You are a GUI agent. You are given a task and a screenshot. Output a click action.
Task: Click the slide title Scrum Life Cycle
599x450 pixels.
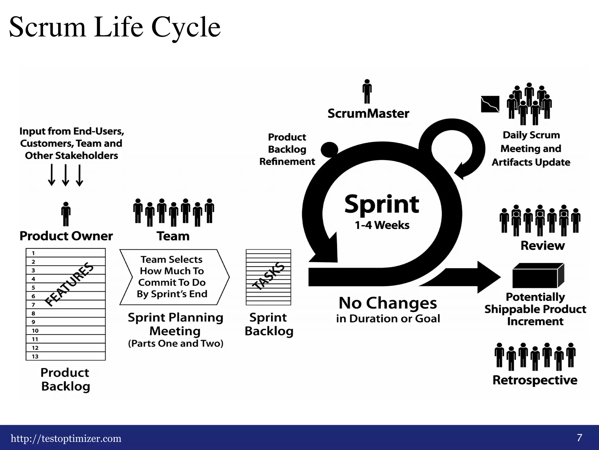point(115,27)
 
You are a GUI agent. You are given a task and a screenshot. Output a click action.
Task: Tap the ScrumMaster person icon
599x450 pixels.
point(367,91)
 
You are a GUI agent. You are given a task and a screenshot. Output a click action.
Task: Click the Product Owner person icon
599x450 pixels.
point(66,214)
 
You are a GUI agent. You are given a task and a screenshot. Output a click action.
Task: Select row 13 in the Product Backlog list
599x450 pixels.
point(66,356)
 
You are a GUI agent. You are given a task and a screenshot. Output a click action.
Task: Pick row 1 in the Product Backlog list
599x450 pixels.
point(66,253)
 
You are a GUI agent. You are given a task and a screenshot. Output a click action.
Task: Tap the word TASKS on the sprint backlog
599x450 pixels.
point(268,276)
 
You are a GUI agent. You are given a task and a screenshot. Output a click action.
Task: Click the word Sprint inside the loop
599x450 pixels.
point(382,204)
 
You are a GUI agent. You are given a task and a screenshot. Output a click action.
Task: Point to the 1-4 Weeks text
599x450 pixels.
point(382,225)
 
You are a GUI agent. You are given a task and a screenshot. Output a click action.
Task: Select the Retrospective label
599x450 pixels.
point(535,380)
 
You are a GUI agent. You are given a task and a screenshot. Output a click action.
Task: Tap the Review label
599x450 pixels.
point(543,246)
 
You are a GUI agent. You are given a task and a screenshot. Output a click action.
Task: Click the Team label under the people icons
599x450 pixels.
point(173,236)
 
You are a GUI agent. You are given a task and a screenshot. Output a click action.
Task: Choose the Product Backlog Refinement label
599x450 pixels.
point(287,149)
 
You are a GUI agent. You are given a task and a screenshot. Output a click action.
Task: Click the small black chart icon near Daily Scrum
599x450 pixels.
point(490,104)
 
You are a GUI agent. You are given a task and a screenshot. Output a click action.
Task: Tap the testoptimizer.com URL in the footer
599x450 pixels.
point(66,439)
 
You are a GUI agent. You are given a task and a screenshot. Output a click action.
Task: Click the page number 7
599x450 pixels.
point(579,438)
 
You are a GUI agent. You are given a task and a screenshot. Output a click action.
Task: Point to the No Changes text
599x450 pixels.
point(388,303)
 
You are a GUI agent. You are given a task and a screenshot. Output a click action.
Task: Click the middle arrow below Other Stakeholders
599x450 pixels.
point(66,175)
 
